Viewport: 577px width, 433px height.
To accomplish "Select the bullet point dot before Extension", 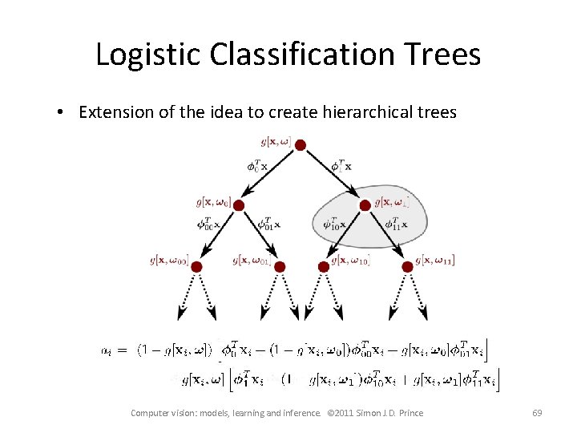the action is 62,112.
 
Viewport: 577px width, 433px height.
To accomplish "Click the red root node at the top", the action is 300,144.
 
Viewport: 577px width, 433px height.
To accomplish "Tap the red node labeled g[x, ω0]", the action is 239,204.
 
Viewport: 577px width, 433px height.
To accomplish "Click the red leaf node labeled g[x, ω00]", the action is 197,265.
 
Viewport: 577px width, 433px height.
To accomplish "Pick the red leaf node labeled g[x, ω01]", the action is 279,265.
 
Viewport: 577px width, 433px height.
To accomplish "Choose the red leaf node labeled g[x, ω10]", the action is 324,265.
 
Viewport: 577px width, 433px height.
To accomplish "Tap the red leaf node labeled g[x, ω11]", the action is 408,265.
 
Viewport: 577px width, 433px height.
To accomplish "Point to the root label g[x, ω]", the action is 276,142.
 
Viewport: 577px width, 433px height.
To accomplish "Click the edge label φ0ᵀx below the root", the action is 257,167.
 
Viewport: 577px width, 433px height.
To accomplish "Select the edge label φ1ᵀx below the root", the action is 343,167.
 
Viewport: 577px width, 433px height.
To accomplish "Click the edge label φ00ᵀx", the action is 212,225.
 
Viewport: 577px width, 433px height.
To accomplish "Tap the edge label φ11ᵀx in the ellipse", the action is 397,224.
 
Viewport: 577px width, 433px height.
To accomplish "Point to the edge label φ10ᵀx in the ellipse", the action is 335,225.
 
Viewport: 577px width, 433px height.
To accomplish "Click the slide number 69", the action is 537,413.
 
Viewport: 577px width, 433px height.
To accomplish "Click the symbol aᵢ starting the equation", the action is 107,350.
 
